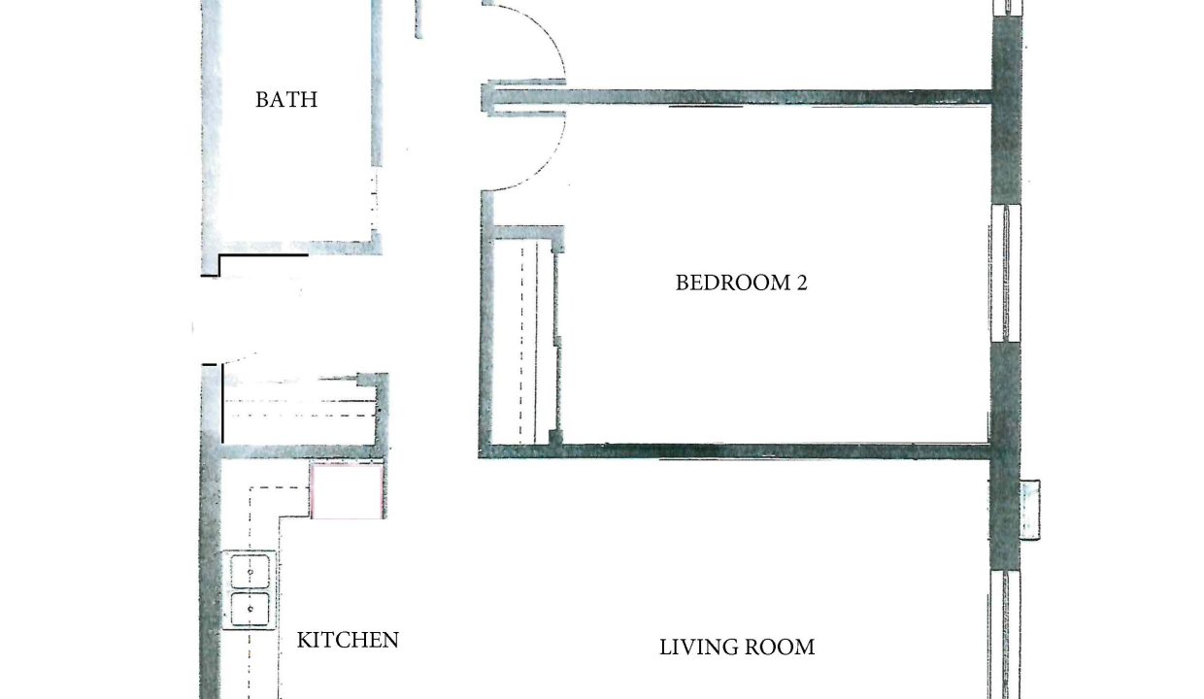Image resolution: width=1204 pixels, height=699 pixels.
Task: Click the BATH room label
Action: pyautogui.click(x=286, y=100)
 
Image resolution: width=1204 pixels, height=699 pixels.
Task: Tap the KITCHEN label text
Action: pyautogui.click(x=348, y=640)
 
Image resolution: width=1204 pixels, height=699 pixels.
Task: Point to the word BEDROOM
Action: pyautogui.click(x=729, y=283)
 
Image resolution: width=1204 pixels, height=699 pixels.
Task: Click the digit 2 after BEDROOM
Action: pyautogui.click(x=801, y=283)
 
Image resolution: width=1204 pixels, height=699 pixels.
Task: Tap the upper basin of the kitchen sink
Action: pyautogui.click(x=250, y=571)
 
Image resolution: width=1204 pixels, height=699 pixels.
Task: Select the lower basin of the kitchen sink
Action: pyautogui.click(x=250, y=609)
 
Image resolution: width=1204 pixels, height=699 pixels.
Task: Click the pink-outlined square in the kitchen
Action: pyautogui.click(x=348, y=491)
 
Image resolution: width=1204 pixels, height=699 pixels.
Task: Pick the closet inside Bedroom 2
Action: pyautogui.click(x=524, y=343)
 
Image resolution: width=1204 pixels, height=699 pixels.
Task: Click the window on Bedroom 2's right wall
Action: pyautogui.click(x=1005, y=273)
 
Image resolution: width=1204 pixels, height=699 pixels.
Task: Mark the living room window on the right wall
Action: pyautogui.click(x=1005, y=635)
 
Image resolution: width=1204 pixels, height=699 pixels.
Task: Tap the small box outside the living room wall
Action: pyautogui.click(x=1030, y=510)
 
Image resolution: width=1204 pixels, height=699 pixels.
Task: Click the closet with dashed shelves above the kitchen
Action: pyautogui.click(x=299, y=410)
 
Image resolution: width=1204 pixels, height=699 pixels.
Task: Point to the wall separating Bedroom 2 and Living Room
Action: pyautogui.click(x=734, y=450)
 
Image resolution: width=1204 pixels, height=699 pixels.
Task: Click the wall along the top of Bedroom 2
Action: pyautogui.click(x=740, y=97)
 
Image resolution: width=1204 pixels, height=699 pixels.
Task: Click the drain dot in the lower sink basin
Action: pyautogui.click(x=251, y=609)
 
